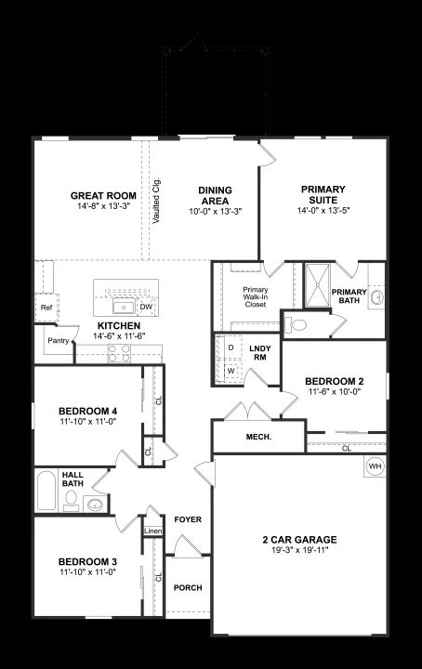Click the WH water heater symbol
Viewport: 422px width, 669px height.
click(376, 466)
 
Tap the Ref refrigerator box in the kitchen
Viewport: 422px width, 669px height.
click(46, 308)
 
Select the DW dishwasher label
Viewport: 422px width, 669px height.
click(146, 307)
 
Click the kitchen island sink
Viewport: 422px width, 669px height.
click(125, 307)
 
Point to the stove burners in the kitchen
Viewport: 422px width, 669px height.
click(119, 353)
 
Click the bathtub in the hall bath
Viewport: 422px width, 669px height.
click(46, 491)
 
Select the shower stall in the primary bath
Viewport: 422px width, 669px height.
click(317, 285)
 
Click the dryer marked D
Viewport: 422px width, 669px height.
click(231, 348)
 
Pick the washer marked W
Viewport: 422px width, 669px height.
click(231, 371)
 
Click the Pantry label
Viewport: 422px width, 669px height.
click(59, 340)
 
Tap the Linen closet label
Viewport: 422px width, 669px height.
click(152, 531)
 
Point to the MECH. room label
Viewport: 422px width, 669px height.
click(258, 437)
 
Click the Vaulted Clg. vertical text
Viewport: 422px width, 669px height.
click(156, 200)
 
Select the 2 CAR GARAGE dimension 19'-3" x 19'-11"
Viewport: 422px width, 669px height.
click(300, 549)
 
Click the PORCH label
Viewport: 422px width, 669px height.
click(188, 587)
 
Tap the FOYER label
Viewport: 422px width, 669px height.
click(188, 519)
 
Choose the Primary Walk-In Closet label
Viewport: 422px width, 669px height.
click(256, 297)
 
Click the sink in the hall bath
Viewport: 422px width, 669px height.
click(95, 505)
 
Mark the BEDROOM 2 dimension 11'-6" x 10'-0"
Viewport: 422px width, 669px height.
click(334, 391)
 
